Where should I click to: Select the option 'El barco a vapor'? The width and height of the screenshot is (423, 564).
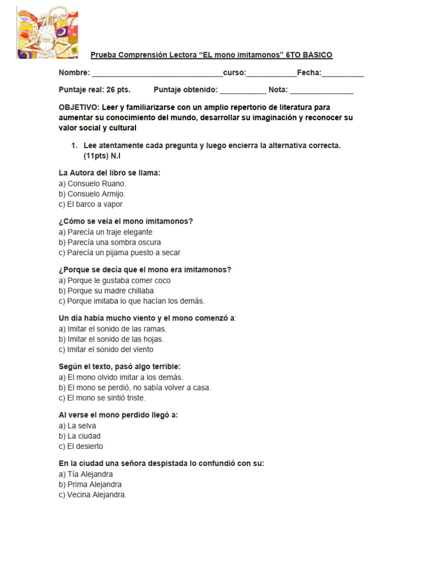point(90,204)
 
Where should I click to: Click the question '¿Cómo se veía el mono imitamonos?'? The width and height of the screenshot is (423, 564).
point(126,221)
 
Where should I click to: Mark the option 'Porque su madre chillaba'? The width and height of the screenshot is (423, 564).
point(106,291)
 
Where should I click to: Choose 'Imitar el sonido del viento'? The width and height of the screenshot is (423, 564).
point(106,350)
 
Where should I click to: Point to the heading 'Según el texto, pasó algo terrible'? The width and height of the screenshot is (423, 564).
point(120,367)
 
